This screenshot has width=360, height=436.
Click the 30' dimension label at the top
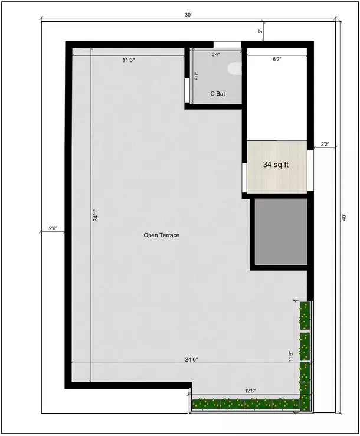pos(188,15)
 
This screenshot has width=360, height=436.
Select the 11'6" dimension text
pos(129,60)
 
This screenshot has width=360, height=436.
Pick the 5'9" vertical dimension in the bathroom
pos(197,76)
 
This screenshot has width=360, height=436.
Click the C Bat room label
pos(217,94)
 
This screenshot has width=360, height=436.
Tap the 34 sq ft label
pos(276,166)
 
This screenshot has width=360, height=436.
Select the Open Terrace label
pos(161,235)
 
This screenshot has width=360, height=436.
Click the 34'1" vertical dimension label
pos(94,217)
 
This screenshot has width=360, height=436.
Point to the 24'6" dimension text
pos(189,359)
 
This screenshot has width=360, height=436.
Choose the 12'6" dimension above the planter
pos(250,391)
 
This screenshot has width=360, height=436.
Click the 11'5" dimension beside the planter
pos(290,357)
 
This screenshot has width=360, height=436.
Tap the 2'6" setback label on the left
pos(53,228)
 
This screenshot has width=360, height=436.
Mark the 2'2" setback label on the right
pos(325,143)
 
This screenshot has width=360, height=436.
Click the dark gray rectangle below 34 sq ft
pos(281,232)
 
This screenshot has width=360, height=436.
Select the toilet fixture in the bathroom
pos(235,70)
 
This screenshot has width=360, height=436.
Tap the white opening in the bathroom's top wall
pos(227,44)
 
